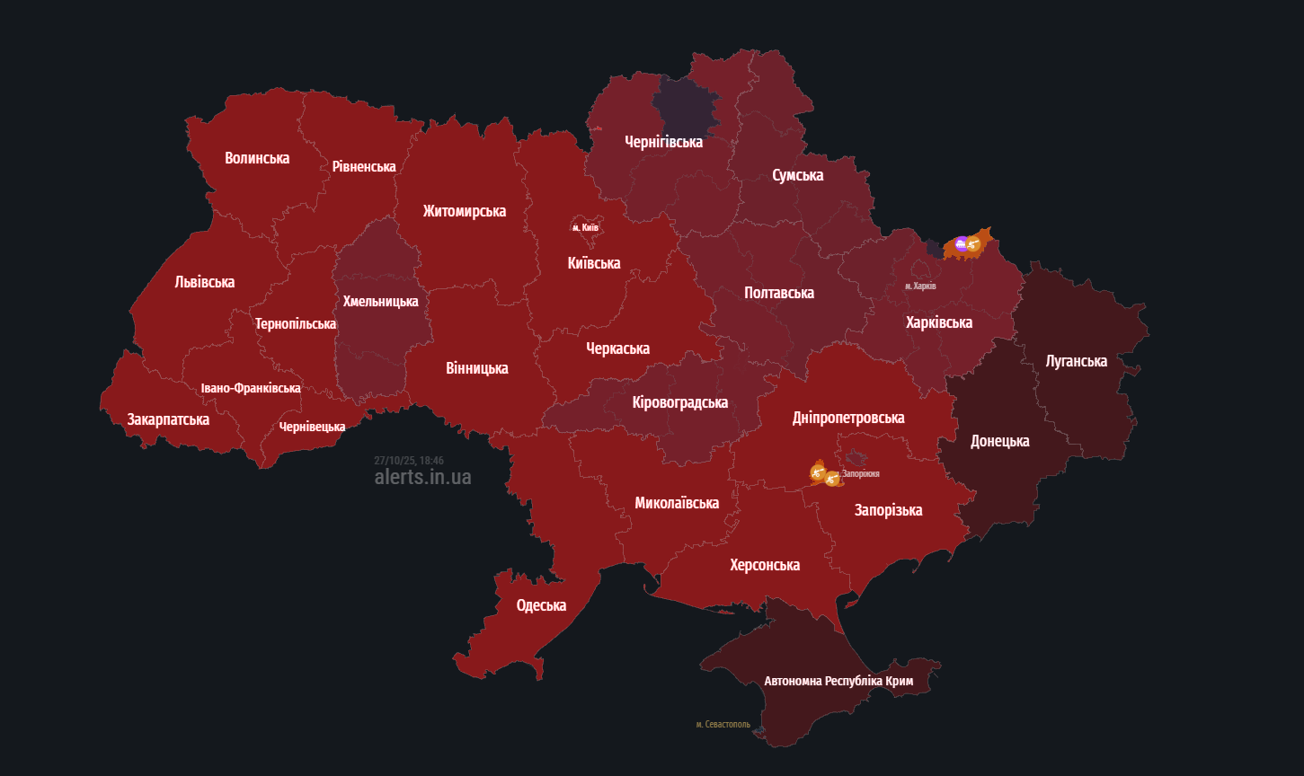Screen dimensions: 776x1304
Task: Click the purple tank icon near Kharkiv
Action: coord(961,243)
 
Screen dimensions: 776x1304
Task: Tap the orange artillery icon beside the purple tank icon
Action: coord(972,243)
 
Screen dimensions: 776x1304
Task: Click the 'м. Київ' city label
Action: coord(585,227)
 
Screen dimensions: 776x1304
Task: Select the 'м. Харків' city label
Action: coord(920,286)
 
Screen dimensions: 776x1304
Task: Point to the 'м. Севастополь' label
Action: coord(723,724)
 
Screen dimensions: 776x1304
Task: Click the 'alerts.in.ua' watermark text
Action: coord(422,477)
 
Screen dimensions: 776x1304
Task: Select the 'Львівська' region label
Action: coord(204,282)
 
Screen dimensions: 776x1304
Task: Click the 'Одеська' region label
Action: coord(541,605)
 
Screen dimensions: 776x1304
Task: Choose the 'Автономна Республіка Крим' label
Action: coord(838,681)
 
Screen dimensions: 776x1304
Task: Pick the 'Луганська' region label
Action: coord(1077,361)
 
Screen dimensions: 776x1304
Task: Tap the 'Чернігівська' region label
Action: coord(663,142)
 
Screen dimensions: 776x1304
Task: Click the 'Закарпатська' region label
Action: coord(168,419)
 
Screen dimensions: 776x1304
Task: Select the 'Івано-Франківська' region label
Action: coord(251,388)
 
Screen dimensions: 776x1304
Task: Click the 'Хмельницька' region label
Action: coord(380,302)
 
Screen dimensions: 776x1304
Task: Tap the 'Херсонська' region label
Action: coord(765,565)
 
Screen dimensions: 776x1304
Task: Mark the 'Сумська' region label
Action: coord(797,175)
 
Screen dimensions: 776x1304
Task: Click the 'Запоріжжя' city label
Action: coord(860,473)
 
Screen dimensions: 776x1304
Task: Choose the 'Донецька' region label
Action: coord(999,441)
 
